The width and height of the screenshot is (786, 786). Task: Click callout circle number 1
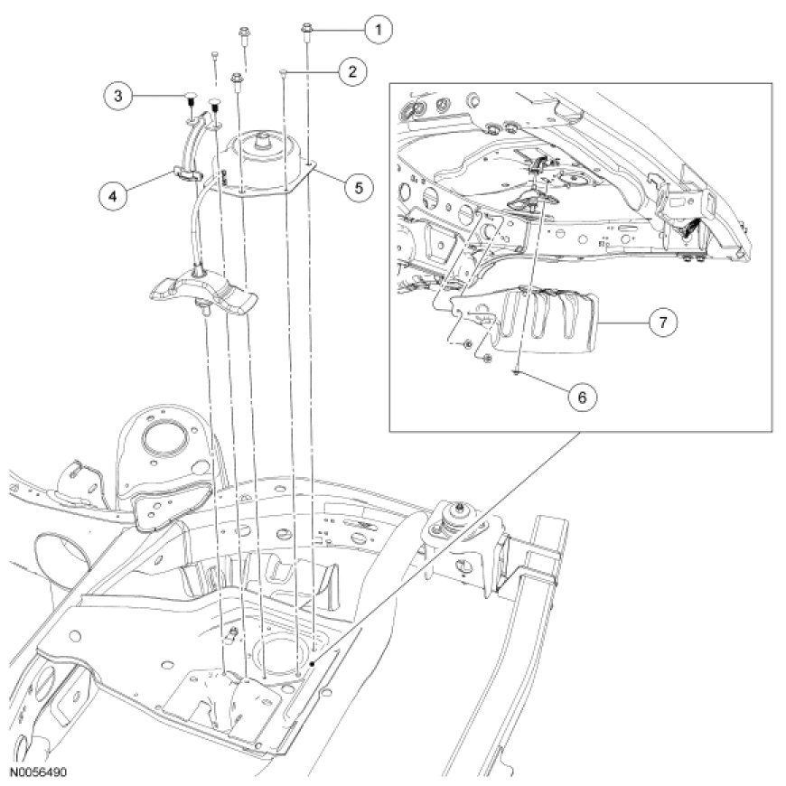click(378, 29)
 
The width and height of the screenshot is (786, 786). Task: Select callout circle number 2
click(351, 70)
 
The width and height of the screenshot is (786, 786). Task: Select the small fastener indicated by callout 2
click(284, 70)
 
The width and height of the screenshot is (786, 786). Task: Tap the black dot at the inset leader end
click(312, 662)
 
